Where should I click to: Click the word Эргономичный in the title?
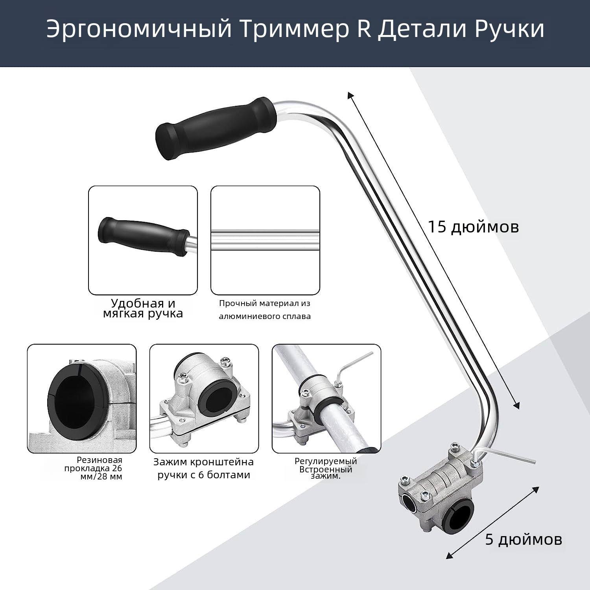click(x=139, y=29)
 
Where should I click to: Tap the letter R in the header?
click(x=365, y=28)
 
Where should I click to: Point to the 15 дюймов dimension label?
click(x=473, y=227)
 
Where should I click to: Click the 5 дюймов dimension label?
click(x=524, y=539)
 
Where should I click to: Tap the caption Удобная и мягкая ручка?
click(x=143, y=308)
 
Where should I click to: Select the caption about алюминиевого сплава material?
click(x=265, y=310)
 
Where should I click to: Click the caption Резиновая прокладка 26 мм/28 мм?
click(x=93, y=468)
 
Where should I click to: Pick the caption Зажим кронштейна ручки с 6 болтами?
click(x=204, y=468)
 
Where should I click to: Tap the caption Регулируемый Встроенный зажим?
click(x=326, y=468)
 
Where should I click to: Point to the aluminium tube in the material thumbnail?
click(x=265, y=240)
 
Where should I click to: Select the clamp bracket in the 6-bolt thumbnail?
click(x=205, y=401)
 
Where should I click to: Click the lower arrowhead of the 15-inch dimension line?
click(x=516, y=406)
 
